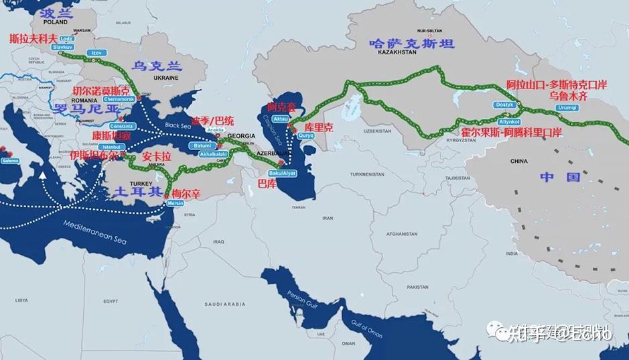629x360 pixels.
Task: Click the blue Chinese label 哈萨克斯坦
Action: [412, 44]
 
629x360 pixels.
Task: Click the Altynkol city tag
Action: [509, 121]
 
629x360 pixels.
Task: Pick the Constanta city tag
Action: [122, 125]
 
